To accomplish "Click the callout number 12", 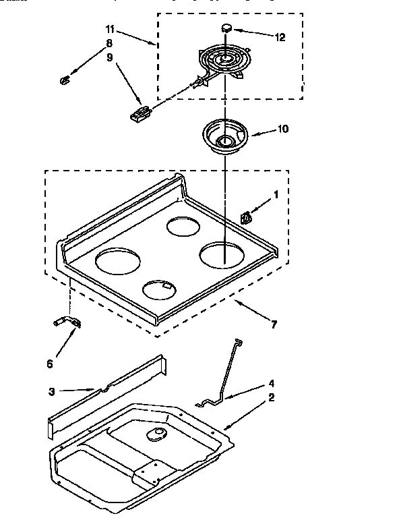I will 280,38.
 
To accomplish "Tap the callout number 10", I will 282,129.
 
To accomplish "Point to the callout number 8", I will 108,42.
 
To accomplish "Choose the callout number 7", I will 273,325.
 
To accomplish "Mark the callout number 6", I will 49,364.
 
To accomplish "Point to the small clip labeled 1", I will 246,217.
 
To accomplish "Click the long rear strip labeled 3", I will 108,395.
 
